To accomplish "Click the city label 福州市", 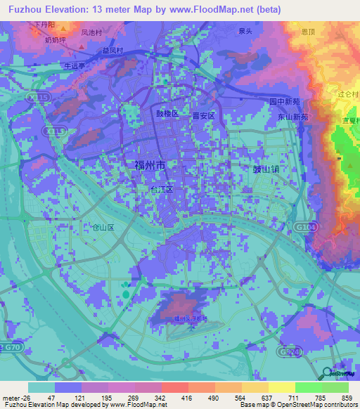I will coord(150,166).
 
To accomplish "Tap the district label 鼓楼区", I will coord(168,112).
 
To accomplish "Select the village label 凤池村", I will coord(92,32).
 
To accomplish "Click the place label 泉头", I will coord(245,32).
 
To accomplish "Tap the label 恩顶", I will coord(307,32).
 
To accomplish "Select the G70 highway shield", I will coord(11,347).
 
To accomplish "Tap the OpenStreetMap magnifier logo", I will coord(326,373).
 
